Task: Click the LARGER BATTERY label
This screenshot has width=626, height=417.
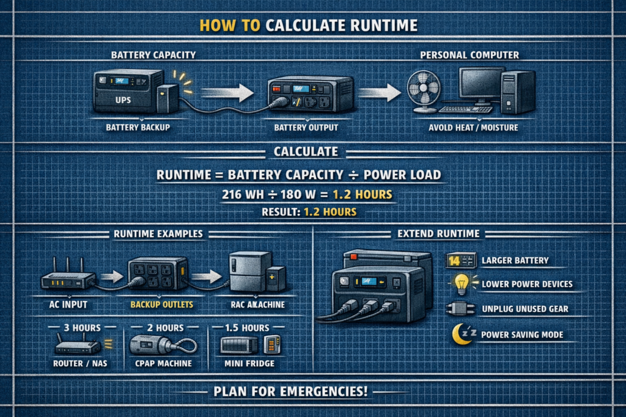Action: (515, 260)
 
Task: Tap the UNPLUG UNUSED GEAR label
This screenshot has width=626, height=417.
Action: (525, 309)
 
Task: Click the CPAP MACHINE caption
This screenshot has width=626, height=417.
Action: (161, 364)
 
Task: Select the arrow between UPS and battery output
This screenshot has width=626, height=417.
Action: (227, 92)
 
